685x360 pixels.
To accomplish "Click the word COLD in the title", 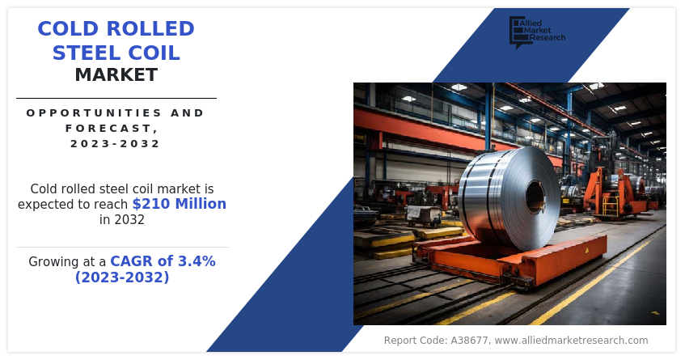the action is click(69, 29).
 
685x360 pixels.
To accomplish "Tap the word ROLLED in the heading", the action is click(150, 29).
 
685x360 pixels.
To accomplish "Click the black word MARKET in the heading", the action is click(116, 74).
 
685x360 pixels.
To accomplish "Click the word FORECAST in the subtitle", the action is click(109, 128).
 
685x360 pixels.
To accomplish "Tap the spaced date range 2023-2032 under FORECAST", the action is click(116, 143).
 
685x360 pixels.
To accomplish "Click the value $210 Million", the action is click(179, 204).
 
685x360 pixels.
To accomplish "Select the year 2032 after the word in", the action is click(129, 219).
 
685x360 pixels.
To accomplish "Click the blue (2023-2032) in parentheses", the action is click(122, 277).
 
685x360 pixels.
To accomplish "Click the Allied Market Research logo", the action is click(537, 32).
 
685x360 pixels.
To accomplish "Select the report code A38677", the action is click(469, 341).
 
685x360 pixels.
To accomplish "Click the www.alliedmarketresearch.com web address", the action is click(572, 341).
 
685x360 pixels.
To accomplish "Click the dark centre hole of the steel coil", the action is click(535, 197).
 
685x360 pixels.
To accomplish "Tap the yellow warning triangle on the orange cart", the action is click(586, 250).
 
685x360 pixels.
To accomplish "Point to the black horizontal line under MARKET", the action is click(116, 99).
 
